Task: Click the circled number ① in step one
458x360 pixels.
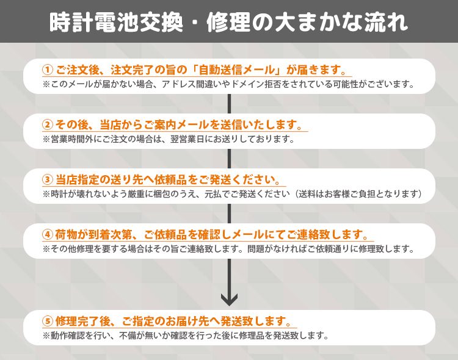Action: click(48, 69)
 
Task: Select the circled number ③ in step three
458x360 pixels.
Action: click(48, 180)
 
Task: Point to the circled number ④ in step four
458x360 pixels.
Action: click(48, 235)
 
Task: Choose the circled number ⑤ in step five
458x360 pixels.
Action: click(48, 321)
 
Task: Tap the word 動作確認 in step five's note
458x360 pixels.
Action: click(67, 335)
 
